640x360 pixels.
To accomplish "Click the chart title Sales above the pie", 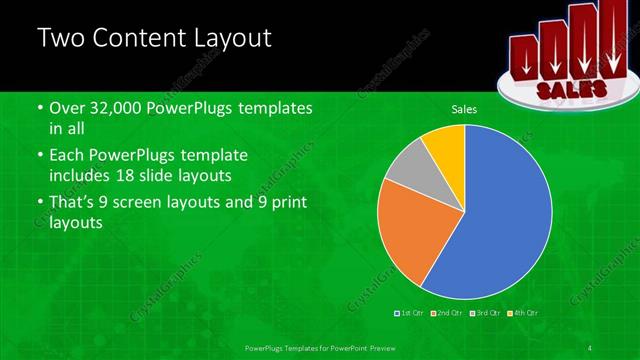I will coord(463,109).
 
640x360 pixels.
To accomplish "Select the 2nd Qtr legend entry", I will coord(447,313).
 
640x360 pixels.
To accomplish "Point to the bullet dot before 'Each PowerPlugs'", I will coord(40,157).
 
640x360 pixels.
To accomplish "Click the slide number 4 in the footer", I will coord(590,347).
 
